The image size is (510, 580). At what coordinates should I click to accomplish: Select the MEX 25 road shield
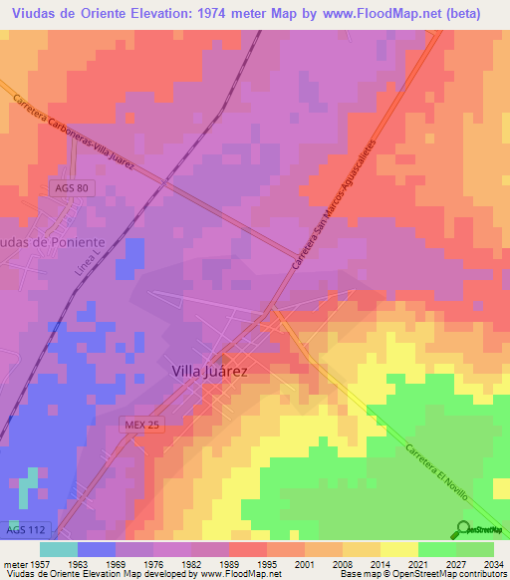(141, 424)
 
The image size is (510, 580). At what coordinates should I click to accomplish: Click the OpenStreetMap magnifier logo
(463, 529)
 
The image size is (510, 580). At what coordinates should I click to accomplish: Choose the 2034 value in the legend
(492, 563)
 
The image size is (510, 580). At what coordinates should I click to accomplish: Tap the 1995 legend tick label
(266, 563)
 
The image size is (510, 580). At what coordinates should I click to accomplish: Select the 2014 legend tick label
(380, 563)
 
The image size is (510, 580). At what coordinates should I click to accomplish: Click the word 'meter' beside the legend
(16, 563)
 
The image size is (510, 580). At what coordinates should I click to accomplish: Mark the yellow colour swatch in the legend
(398, 548)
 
